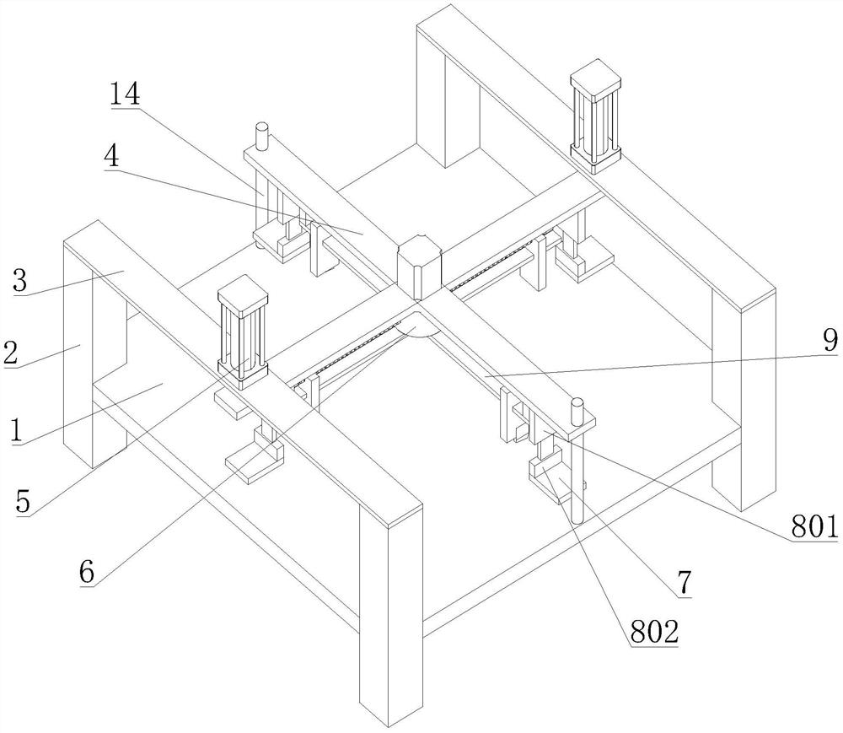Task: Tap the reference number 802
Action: point(655,631)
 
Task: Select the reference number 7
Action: point(682,582)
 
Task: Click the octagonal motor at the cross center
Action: point(416,265)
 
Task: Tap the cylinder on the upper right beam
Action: point(596,115)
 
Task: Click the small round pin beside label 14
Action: point(261,135)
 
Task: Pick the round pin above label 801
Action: point(577,411)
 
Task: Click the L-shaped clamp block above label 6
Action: point(253,460)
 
